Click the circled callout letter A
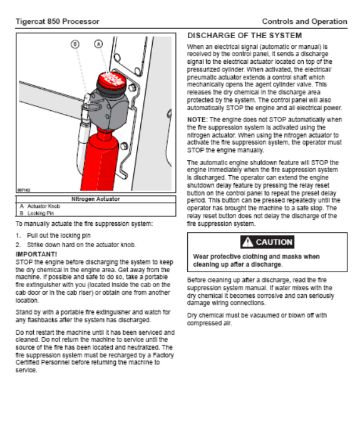pyautogui.click(x=98, y=44)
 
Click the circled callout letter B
pyautogui.click(x=75, y=44)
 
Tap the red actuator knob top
pyautogui.click(x=111, y=79)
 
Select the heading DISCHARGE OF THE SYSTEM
pyautogui.click(x=244, y=36)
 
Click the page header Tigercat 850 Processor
pyautogui.click(x=58, y=21)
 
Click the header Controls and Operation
pyautogui.click(x=304, y=21)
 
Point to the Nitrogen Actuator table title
pyautogui.click(x=96, y=199)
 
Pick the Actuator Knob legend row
pyautogui.click(x=40, y=206)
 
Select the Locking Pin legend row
pyautogui.click(x=37, y=213)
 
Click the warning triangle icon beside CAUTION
pyautogui.click(x=248, y=242)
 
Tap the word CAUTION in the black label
pyautogui.click(x=274, y=242)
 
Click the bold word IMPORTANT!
pyautogui.click(x=36, y=254)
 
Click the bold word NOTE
pyautogui.click(x=197, y=120)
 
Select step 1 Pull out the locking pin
pyautogui.click(x=53, y=235)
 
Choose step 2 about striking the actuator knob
pyautogui.click(x=76, y=245)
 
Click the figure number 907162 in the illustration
pyautogui.click(x=24, y=190)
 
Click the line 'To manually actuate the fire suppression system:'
pyautogui.click(x=85, y=224)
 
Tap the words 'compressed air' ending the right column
pyautogui.click(x=209, y=323)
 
